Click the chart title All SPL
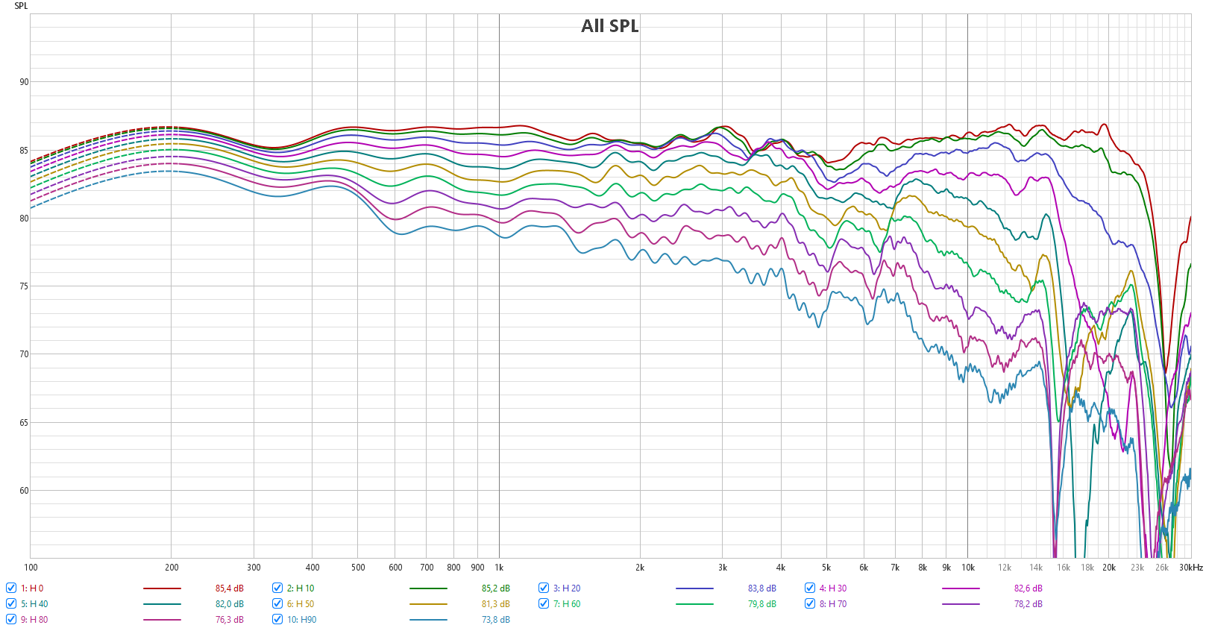(x=609, y=26)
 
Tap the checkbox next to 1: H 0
(x=11, y=588)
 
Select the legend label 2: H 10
(x=301, y=588)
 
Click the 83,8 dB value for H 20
(x=761, y=588)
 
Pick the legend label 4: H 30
(x=832, y=588)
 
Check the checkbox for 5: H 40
(x=11, y=603)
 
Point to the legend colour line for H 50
(x=428, y=604)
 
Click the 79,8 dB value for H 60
(x=761, y=604)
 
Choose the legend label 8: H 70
(x=832, y=604)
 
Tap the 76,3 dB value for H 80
(x=229, y=620)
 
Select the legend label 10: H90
(x=301, y=620)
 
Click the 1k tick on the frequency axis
(x=499, y=568)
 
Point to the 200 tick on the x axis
(x=172, y=568)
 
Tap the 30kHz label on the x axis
(x=1190, y=568)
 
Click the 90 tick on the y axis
(x=24, y=82)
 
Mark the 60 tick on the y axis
(x=24, y=491)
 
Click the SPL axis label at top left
(x=21, y=6)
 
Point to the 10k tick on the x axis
(x=967, y=568)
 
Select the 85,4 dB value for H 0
(x=229, y=588)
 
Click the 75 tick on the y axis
(x=24, y=286)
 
